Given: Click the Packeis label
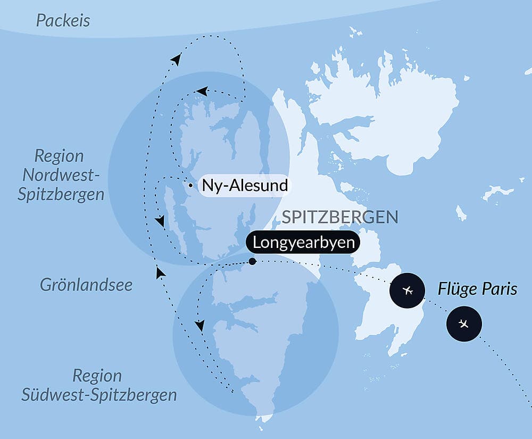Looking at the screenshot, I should [63, 21].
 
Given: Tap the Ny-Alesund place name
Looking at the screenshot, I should [245, 186].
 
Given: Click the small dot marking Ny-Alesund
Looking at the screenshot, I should [190, 186].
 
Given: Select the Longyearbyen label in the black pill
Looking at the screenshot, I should [303, 243].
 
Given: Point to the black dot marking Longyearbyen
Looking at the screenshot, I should [252, 261].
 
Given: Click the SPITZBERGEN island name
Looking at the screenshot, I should [340, 217].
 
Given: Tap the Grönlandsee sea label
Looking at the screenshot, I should [86, 285].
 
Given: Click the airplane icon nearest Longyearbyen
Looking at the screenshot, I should [408, 291].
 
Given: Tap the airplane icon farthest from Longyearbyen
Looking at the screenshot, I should [464, 324].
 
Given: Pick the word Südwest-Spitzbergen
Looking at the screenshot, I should [99, 395].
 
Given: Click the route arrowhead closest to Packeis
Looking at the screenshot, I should [175, 60].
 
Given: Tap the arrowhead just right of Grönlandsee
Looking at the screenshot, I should [160, 272].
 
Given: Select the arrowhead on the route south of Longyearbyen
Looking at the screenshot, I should [199, 325].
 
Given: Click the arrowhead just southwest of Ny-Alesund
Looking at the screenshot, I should [159, 221].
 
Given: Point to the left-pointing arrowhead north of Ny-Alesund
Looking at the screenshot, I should [202, 91].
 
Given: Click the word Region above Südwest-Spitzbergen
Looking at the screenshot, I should [97, 376].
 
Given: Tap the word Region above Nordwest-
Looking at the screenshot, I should [59, 156].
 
